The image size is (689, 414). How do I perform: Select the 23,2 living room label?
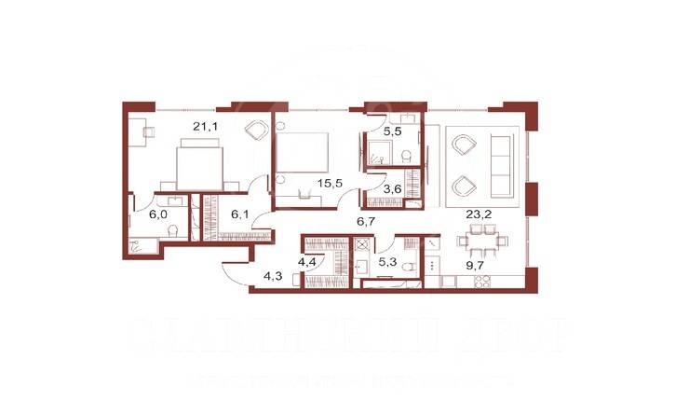(x=480, y=214)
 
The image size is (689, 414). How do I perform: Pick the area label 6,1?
(x=240, y=214)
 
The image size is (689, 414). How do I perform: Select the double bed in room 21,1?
(x=199, y=165)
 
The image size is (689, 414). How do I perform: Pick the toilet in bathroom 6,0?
(x=136, y=245)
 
